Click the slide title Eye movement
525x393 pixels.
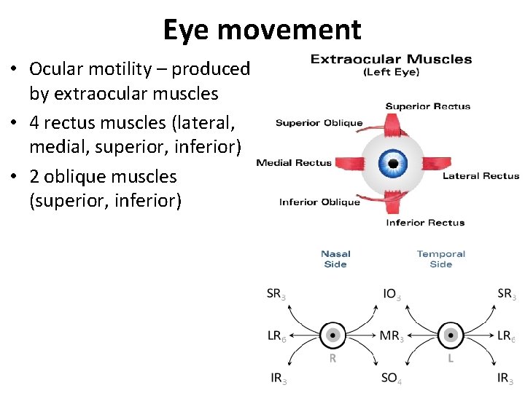262,30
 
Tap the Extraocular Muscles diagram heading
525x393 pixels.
391,60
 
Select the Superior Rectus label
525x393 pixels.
427,106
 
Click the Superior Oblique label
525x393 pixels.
319,123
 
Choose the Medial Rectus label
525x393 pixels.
294,163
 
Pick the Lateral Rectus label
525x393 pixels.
481,175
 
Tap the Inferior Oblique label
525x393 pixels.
319,202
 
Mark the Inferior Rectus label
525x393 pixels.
425,223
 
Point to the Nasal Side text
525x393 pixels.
335,259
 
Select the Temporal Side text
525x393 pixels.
440,259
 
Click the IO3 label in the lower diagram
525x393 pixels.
392,294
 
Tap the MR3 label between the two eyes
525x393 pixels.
392,336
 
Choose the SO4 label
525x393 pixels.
392,378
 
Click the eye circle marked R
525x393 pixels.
332,336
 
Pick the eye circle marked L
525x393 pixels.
451,336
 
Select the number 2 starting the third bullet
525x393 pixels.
34,177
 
